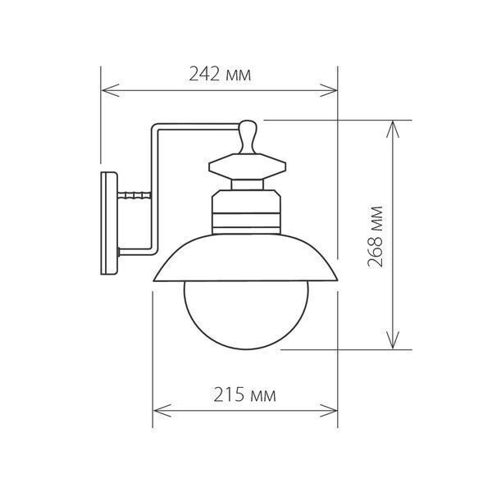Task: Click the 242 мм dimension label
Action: point(220,75)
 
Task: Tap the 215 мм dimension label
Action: point(244,394)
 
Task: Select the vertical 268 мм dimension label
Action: point(376,237)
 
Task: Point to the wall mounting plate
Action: point(109,223)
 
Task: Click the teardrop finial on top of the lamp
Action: point(248,137)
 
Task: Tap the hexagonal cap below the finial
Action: point(248,166)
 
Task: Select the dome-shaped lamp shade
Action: point(245,258)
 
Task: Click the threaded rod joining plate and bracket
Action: point(134,195)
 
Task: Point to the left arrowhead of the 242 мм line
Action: point(111,90)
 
